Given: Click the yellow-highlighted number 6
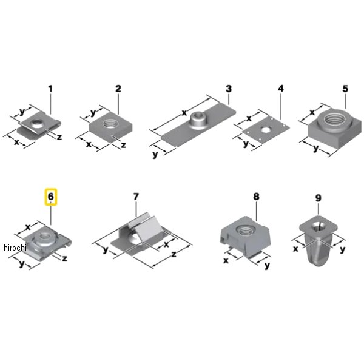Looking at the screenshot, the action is point(50,197).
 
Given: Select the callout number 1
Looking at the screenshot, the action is point(50,89).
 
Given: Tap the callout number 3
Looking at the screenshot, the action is point(229,89).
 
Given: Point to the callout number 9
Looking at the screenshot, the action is point(318,198).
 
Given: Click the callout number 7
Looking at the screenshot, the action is point(136,197).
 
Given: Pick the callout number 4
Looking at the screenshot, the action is point(281,89).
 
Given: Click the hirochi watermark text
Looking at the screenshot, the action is point(15,248).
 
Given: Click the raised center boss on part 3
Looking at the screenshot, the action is point(198,119).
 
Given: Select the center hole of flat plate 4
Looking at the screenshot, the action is point(265,129).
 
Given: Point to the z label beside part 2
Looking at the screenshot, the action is point(124,145).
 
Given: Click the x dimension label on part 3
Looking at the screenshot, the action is point(184,113).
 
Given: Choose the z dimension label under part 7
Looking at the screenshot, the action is point(174,255).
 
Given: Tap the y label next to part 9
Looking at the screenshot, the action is point(342,250).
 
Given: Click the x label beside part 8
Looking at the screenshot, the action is point(226,261).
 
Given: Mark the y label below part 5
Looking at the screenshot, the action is point(315,149).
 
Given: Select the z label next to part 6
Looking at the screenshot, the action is point(64,258).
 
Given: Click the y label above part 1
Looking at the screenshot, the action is point(22,112).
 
